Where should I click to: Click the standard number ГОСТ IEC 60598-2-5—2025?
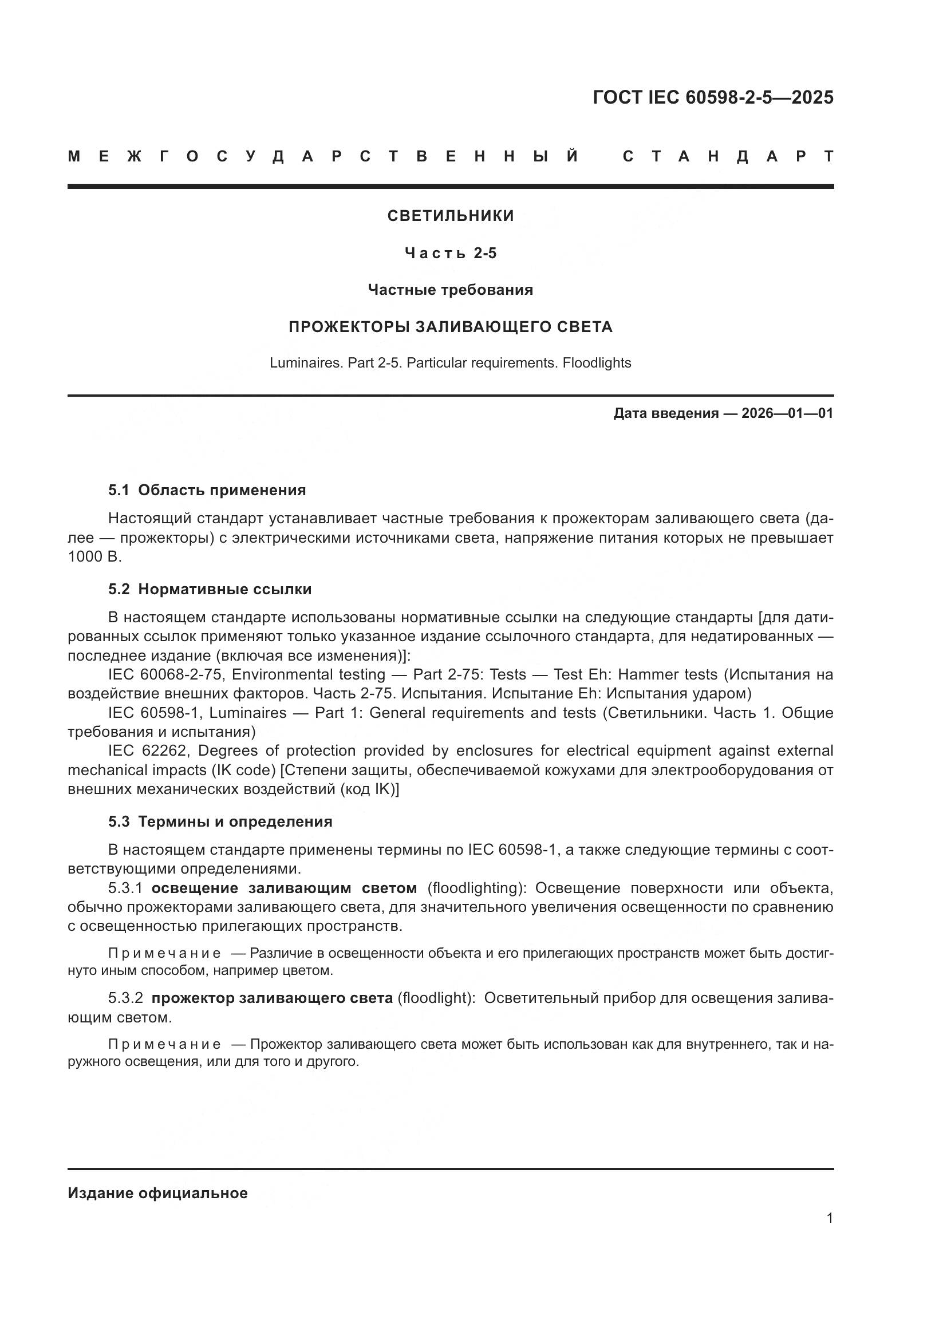coord(713,97)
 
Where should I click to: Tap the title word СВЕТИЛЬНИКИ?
coord(451,216)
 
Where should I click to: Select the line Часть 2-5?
coord(451,253)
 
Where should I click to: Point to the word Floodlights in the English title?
coord(597,363)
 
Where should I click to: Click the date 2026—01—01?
coord(787,413)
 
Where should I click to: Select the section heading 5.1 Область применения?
coord(207,490)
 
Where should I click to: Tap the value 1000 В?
coord(94,556)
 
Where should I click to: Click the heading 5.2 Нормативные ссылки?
coord(210,589)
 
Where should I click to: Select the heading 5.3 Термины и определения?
coord(220,821)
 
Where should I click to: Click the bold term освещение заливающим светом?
coord(284,888)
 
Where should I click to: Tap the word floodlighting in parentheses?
coord(477,888)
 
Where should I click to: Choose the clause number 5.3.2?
coord(125,998)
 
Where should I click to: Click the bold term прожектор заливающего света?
coord(272,998)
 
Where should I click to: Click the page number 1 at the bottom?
coord(829,1218)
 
